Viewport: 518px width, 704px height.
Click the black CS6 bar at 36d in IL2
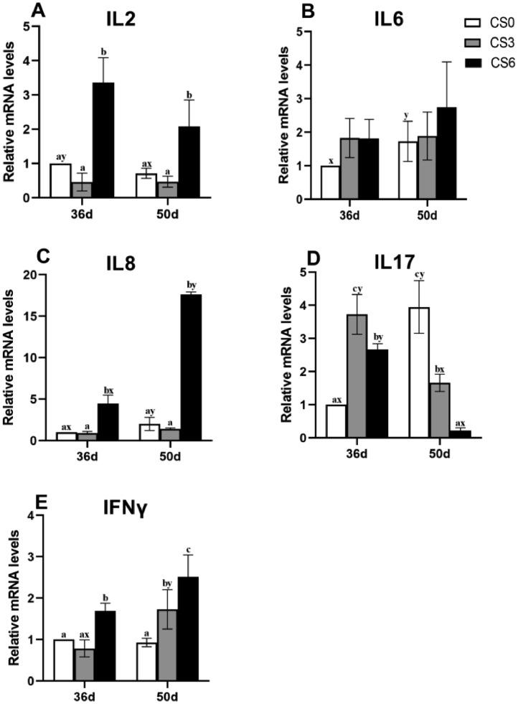click(x=103, y=140)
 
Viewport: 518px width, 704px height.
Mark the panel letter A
click(x=15, y=11)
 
